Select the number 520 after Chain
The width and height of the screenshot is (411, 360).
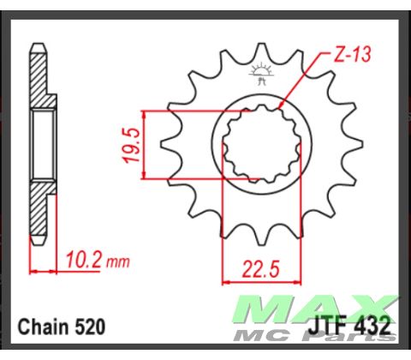coord(90,328)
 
